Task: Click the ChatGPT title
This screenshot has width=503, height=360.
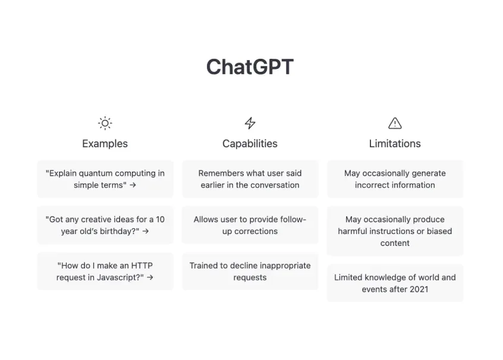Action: tap(250, 67)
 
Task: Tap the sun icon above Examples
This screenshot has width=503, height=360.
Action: tap(105, 123)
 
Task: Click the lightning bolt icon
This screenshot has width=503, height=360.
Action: tap(250, 123)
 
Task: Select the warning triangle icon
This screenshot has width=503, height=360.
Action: tap(395, 123)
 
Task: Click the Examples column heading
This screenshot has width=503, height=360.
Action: tap(105, 143)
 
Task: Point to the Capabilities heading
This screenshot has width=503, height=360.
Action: tap(250, 143)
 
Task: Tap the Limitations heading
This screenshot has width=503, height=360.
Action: tap(395, 143)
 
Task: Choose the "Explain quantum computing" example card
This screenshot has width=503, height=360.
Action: tap(105, 179)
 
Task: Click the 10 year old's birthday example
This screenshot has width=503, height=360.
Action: tap(105, 225)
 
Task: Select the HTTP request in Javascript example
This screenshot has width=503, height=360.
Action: tap(105, 271)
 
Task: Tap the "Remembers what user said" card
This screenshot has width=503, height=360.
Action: tap(250, 179)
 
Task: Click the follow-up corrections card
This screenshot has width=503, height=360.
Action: tap(250, 225)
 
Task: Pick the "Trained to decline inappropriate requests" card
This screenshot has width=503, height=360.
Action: tap(250, 271)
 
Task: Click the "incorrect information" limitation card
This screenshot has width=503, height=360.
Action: tap(395, 179)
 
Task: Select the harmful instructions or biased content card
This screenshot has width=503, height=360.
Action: tap(395, 231)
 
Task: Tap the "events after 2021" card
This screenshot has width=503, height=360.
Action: tap(395, 283)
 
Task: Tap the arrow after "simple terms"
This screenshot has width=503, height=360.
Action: tap(133, 185)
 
